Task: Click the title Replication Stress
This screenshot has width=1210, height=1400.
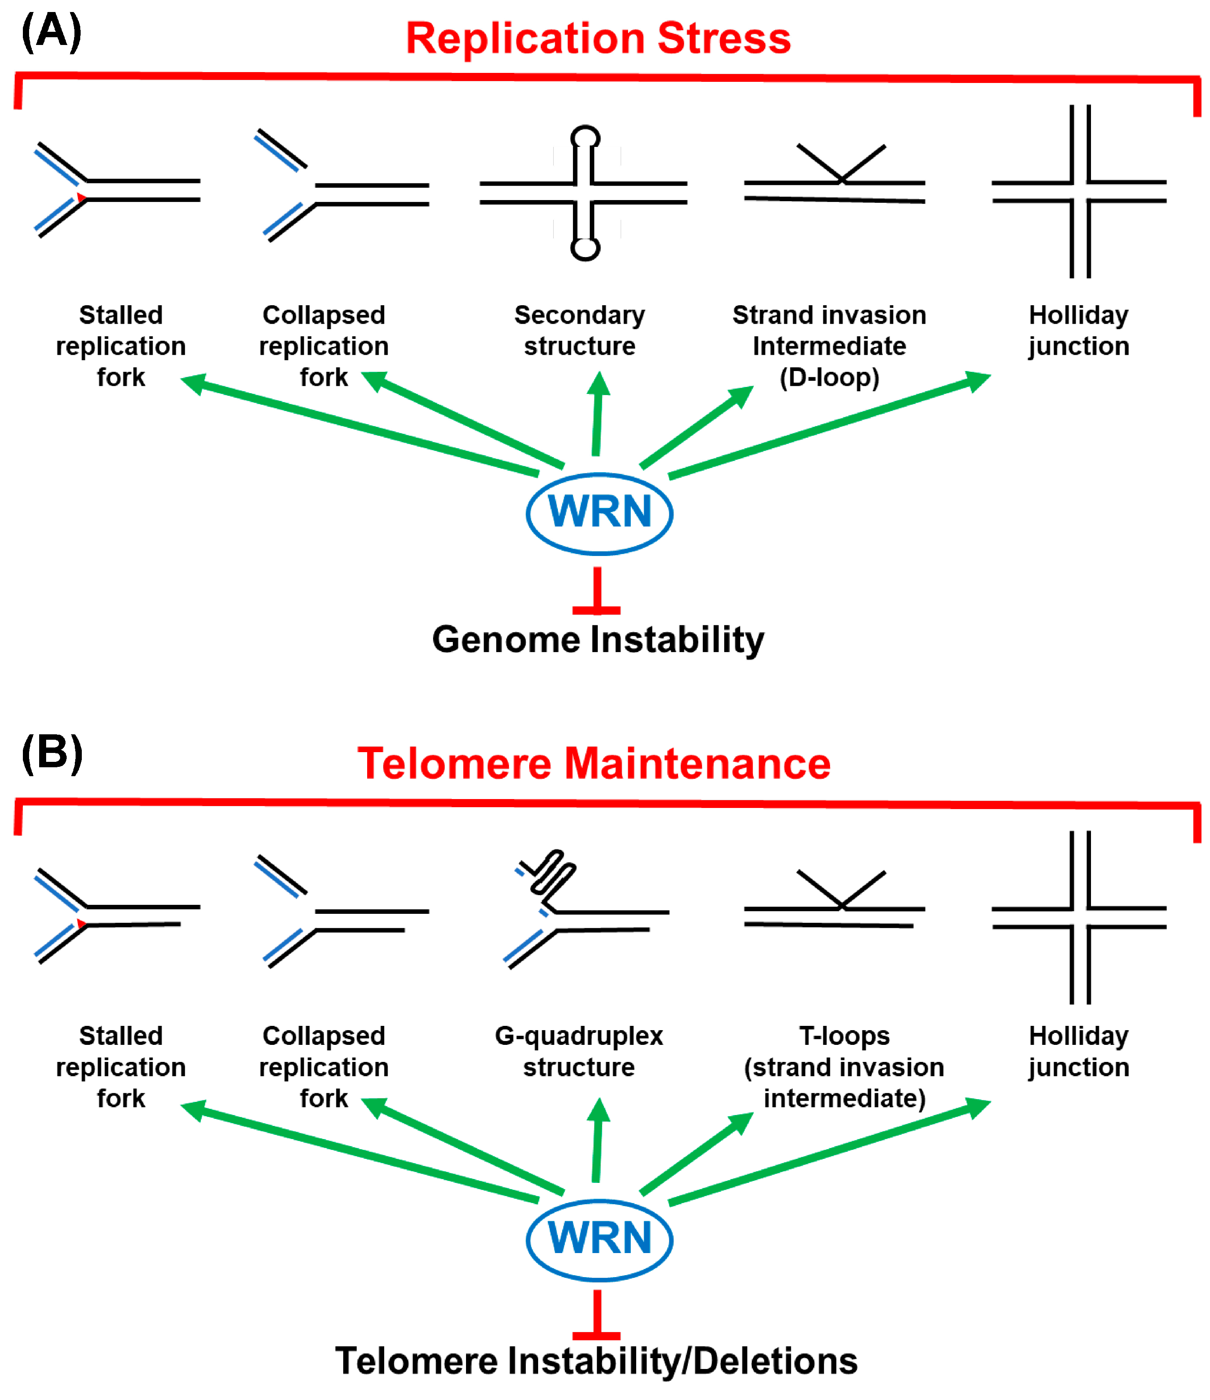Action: click(598, 38)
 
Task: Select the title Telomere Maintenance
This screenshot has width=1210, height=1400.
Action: click(594, 763)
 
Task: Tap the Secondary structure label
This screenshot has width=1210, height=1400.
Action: click(580, 330)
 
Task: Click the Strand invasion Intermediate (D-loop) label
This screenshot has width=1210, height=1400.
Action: click(830, 346)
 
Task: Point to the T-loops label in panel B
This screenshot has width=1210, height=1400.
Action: click(844, 1067)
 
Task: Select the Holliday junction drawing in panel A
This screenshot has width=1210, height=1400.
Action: click(1079, 191)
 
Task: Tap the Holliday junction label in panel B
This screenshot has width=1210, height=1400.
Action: click(1079, 1051)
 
